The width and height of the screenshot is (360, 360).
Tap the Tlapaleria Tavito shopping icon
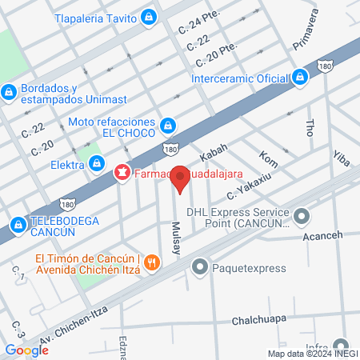pos(149,17)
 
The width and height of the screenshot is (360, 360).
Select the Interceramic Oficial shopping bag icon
pos(300,78)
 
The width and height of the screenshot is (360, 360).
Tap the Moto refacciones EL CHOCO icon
pos(168,126)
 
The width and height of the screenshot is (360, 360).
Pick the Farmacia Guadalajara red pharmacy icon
pos(122,172)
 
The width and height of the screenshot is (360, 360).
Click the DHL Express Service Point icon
pos(302,215)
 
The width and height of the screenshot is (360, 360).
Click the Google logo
pos(26,350)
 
